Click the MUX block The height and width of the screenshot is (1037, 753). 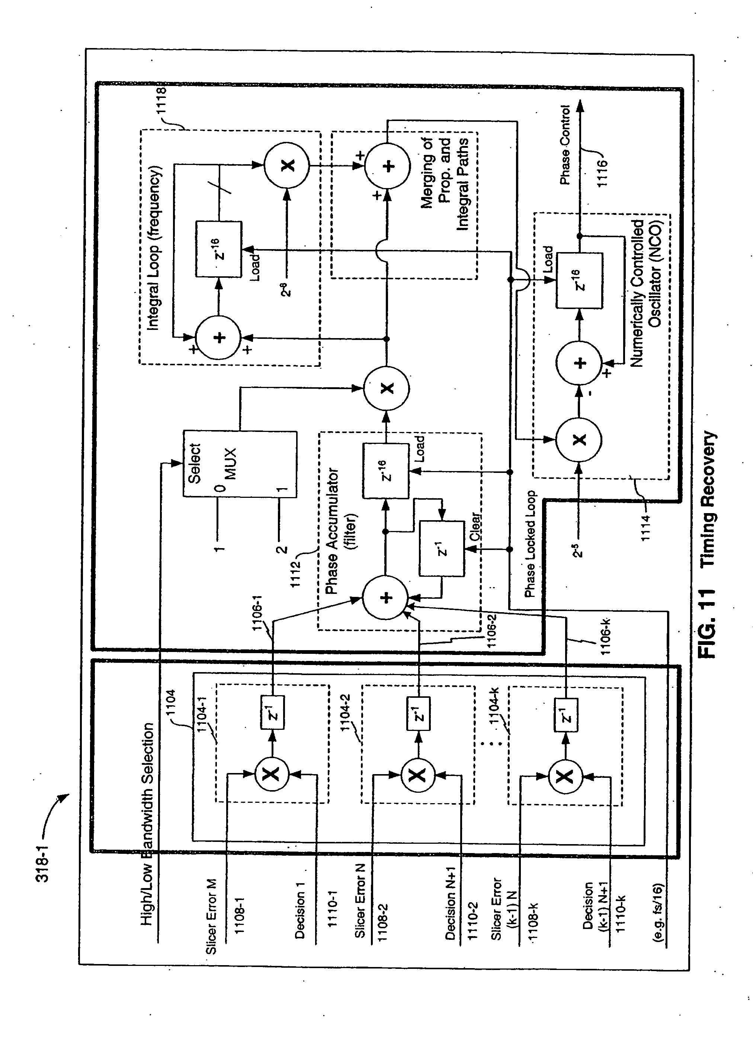[x=240, y=464]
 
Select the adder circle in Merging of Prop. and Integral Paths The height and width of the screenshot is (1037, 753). [x=387, y=166]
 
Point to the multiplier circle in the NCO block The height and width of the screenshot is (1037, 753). [x=579, y=440]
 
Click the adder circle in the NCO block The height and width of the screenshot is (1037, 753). [x=579, y=363]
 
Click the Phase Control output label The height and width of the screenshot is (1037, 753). [x=565, y=145]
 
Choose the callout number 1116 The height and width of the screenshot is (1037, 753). [x=602, y=172]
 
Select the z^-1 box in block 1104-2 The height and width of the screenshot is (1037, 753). [x=418, y=713]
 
